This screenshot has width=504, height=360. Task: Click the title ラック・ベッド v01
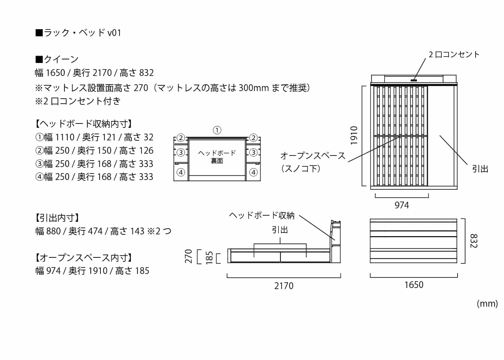point(78,33)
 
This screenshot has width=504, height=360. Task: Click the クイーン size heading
point(57,59)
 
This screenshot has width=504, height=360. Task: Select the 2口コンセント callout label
point(454,55)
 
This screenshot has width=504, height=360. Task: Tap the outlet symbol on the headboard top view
point(414,80)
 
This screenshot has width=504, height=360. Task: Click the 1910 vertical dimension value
point(354,135)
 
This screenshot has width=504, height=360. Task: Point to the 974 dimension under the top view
point(402,205)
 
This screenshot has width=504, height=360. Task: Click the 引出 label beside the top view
point(480,168)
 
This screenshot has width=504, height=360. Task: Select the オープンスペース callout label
point(312,156)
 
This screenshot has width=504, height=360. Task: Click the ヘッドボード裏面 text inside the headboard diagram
point(217,157)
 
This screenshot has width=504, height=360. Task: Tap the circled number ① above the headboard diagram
point(217,130)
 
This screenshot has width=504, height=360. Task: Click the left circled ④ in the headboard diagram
point(181,172)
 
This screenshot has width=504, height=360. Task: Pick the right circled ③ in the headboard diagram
point(253,152)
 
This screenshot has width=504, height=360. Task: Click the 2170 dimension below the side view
point(284,286)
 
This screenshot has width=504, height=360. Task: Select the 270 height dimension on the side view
point(189,256)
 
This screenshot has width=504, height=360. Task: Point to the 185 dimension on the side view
point(209,258)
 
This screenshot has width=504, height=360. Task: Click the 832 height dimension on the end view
point(474,241)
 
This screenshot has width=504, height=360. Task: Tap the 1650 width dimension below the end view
point(414,285)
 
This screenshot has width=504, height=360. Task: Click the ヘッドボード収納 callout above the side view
point(262,215)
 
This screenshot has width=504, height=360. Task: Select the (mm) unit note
point(487,303)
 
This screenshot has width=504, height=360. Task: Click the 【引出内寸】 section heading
point(57,218)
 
